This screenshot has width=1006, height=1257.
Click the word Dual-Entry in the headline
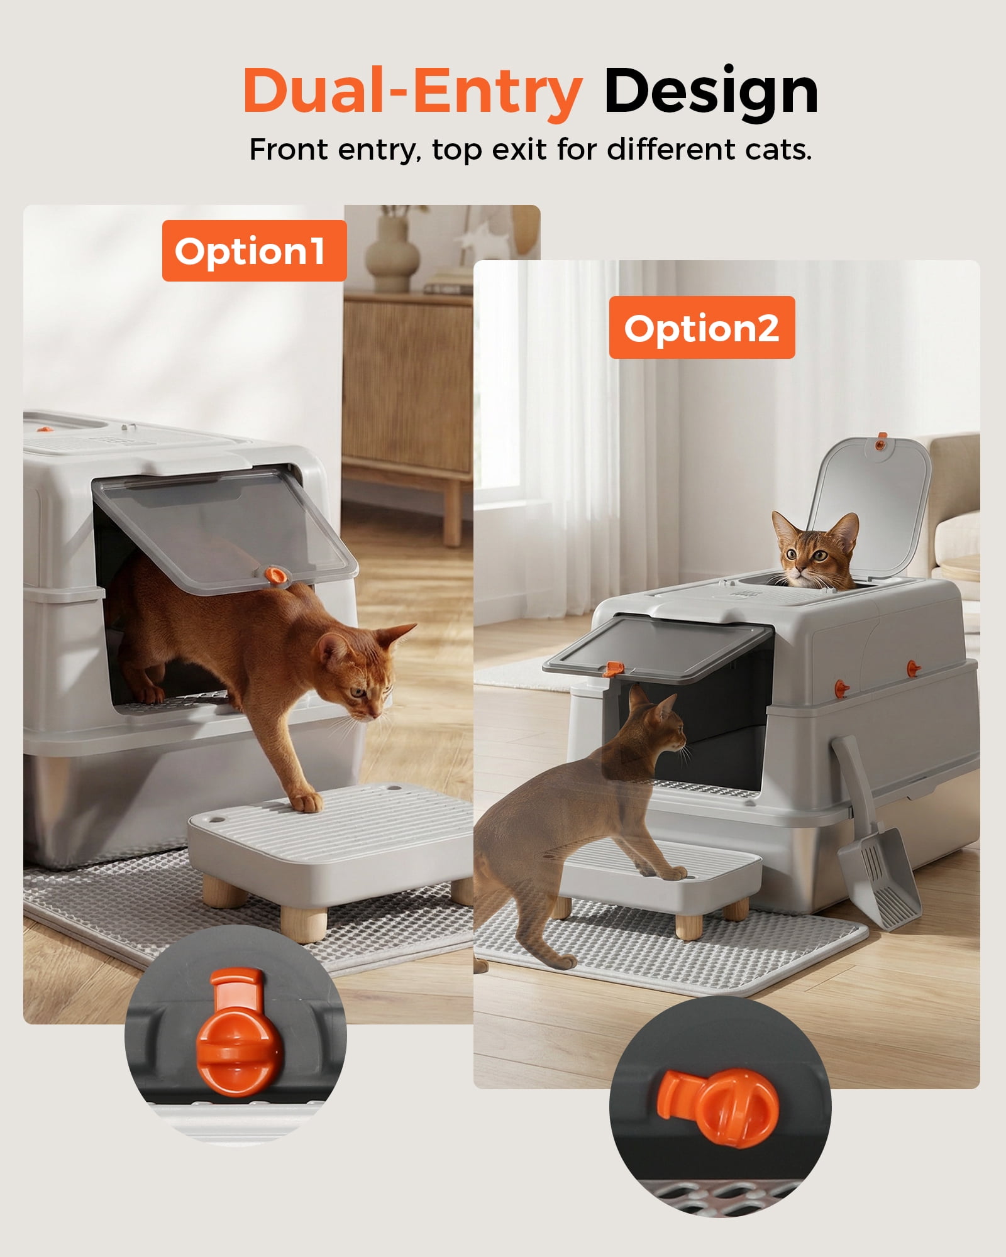pos(412,92)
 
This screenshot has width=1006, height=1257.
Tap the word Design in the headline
pos(711,92)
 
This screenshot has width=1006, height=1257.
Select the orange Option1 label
pos(254,251)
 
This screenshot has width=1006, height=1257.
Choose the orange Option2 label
pos(702,327)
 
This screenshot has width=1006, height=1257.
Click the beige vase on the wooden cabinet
pos(391,251)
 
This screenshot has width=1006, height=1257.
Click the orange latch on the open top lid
pos(882,444)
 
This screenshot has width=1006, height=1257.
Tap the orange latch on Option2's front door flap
pos(610,669)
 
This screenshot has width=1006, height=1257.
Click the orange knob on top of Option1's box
pos(44,429)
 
